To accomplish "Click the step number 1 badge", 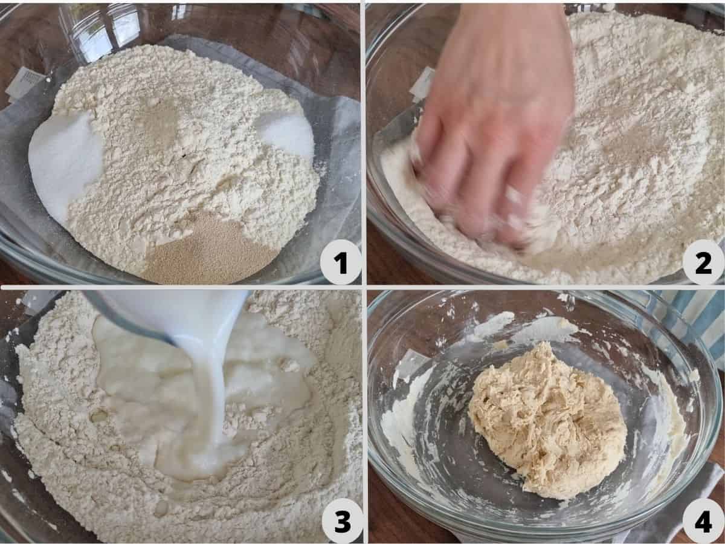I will [x=340, y=262].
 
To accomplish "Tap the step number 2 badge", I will [x=703, y=262].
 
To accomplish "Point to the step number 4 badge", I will [x=703, y=522].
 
